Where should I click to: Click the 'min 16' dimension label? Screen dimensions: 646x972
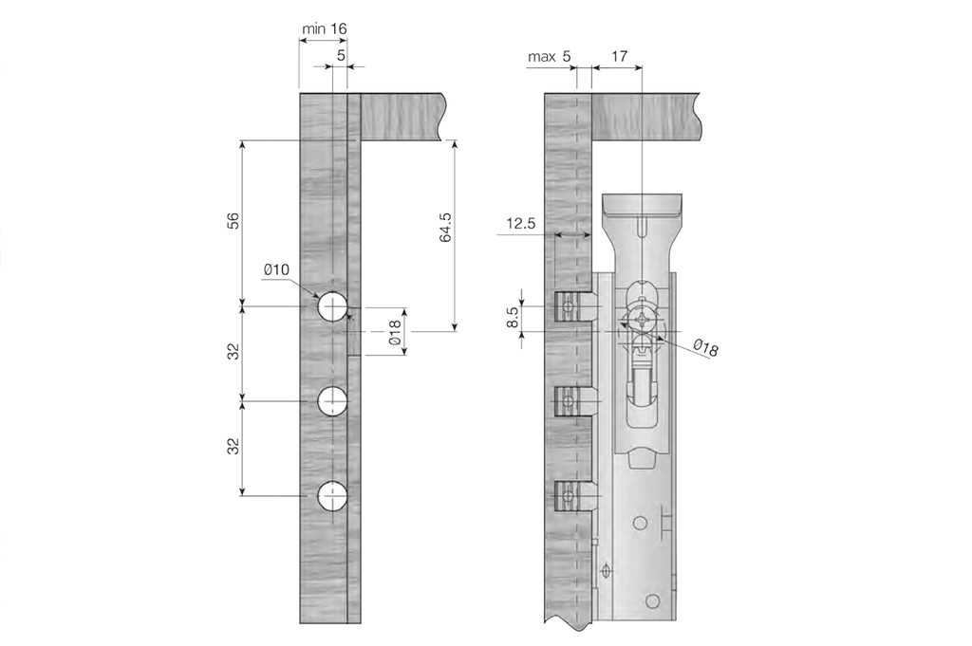tap(324, 28)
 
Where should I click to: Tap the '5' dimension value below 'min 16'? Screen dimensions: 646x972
tap(341, 56)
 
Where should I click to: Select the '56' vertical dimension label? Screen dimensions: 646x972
tap(233, 221)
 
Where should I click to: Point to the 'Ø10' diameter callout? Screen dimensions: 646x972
tap(276, 270)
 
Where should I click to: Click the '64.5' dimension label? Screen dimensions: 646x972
tap(446, 228)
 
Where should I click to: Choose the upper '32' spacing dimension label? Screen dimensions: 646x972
tap(233, 352)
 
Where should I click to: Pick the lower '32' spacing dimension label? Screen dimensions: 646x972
tap(233, 447)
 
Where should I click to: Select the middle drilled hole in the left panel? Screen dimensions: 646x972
tap(332, 401)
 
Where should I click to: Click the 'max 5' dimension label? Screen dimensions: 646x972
tap(550, 57)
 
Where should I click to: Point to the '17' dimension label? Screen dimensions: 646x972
tap(618, 57)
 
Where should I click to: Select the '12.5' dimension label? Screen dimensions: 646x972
tap(521, 224)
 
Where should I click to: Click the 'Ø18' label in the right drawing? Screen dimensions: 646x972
tap(705, 349)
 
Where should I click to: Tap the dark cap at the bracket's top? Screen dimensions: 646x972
tap(643, 204)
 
